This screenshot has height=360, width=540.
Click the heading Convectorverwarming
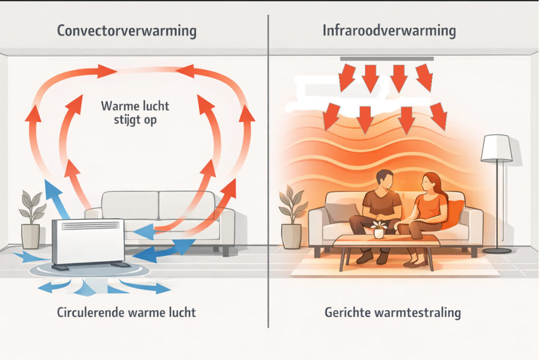click(x=126, y=31)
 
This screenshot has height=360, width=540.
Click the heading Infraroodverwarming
click(x=389, y=31)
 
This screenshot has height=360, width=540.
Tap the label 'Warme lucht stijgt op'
click(x=135, y=112)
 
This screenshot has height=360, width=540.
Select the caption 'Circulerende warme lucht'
click(x=126, y=313)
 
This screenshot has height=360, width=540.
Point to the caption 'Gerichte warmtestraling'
click(x=392, y=313)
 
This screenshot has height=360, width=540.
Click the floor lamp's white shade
click(x=496, y=148)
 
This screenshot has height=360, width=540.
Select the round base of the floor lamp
click(x=497, y=250)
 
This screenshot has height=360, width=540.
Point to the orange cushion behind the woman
click(x=455, y=213)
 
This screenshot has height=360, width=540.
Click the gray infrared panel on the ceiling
click(x=387, y=59)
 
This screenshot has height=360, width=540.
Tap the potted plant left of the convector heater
click(x=31, y=221)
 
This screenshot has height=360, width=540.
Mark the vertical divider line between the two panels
click(x=268, y=158)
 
